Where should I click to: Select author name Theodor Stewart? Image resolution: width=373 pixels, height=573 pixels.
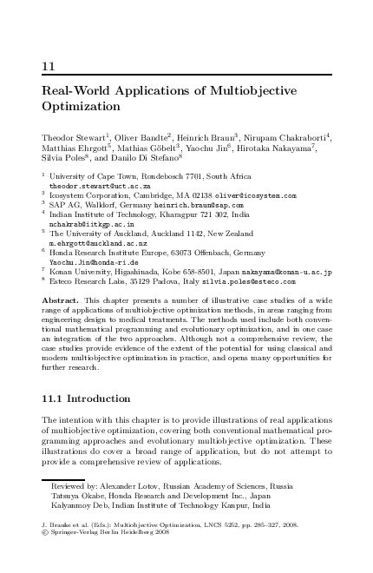[73, 137]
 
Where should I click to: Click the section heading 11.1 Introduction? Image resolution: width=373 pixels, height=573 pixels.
[86, 398]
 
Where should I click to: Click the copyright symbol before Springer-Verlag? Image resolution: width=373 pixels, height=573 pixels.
[45, 535]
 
